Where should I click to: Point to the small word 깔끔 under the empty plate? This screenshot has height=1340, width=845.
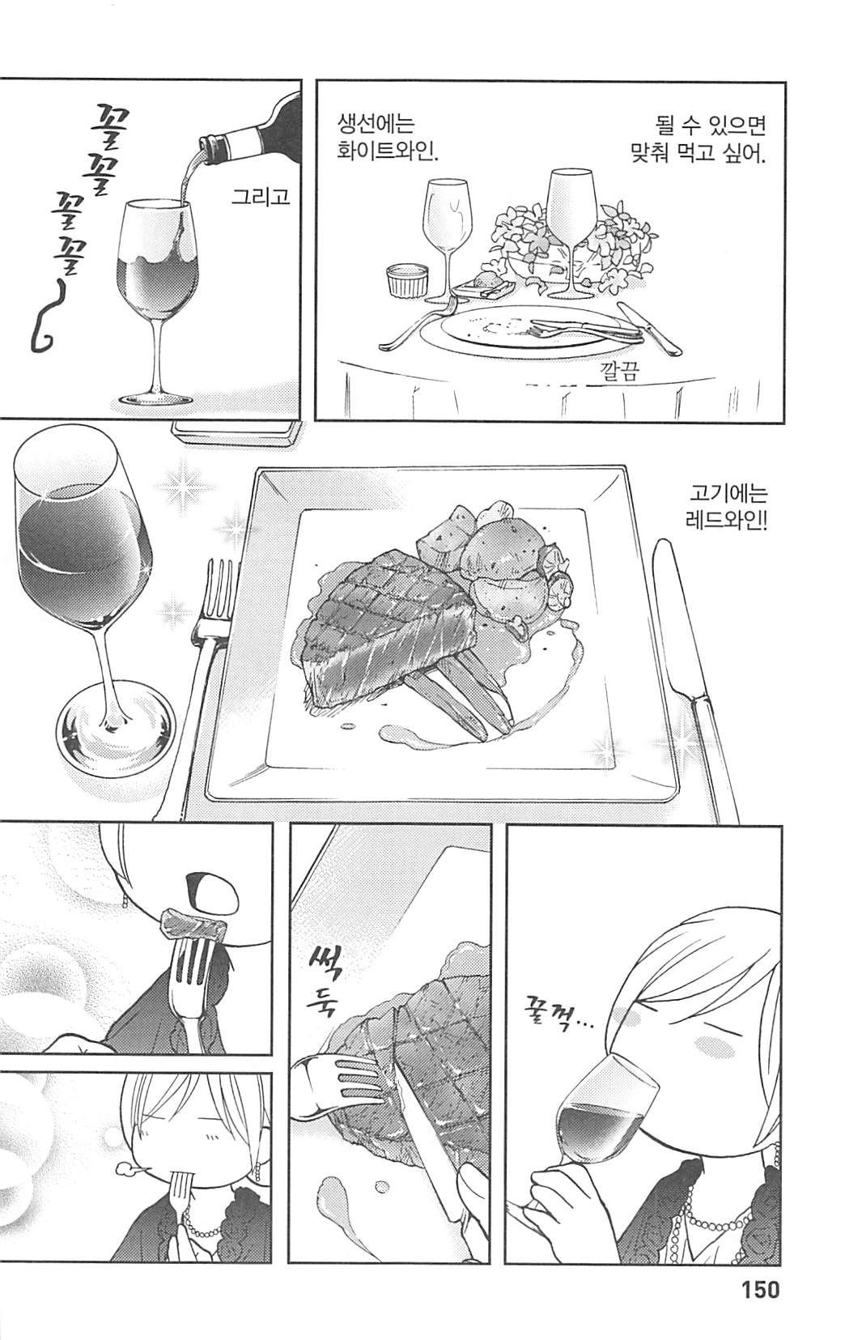tap(618, 372)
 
